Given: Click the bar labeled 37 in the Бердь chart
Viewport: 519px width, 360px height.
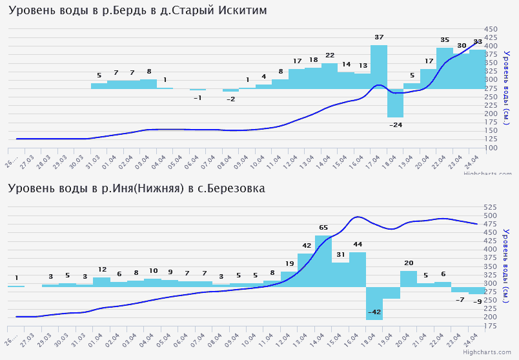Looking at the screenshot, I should click(x=379, y=67).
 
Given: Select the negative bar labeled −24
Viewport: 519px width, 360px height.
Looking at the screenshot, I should click(x=395, y=103).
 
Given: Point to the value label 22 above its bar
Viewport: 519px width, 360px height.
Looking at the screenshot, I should click(x=330, y=55).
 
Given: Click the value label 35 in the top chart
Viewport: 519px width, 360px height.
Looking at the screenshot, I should click(x=445, y=40).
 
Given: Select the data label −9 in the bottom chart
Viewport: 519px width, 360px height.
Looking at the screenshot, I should click(x=477, y=301).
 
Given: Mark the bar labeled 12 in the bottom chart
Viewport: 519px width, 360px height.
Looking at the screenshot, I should click(x=102, y=282).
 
